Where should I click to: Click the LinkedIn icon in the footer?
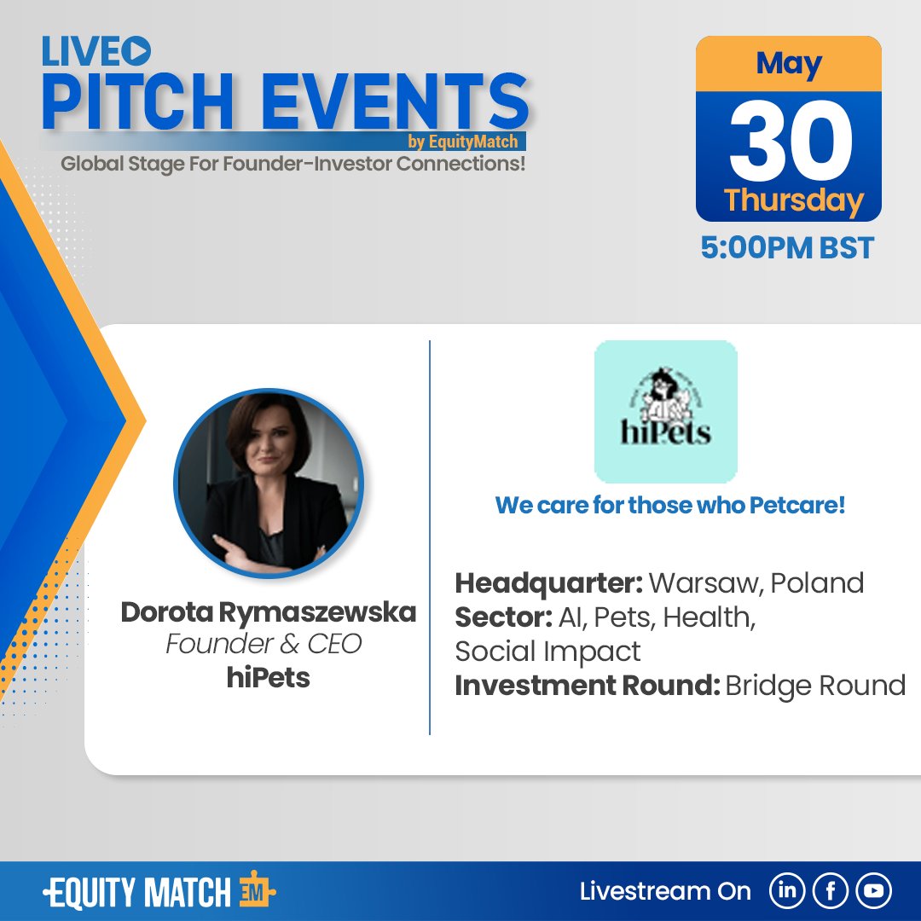(787, 892)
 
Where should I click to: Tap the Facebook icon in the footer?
(831, 892)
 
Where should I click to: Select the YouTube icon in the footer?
(873, 892)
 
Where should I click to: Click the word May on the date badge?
(789, 64)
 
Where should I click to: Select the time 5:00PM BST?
(787, 248)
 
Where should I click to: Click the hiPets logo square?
(665, 412)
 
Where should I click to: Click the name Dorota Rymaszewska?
(268, 612)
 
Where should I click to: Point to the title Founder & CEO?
(264, 645)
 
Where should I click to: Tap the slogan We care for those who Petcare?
(669, 505)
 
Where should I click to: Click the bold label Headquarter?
(548, 583)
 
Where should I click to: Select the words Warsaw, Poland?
(756, 583)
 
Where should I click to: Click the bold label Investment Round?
(587, 686)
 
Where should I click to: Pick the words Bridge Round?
(816, 686)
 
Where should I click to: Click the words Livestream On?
(665, 892)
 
